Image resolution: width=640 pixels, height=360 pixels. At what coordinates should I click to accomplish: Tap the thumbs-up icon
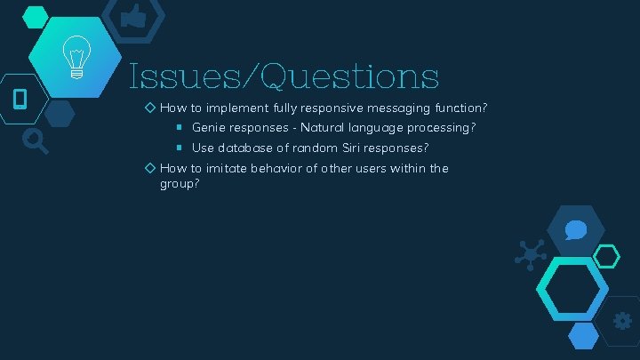pyautogui.click(x=132, y=15)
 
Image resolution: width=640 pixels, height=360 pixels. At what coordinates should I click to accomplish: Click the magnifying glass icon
pyautogui.click(x=36, y=140)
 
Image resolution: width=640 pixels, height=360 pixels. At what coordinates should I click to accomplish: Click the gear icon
pyautogui.click(x=622, y=321)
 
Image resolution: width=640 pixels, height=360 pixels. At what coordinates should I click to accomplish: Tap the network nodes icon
pyautogui.click(x=531, y=255)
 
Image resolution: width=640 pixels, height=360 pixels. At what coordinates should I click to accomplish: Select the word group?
pyautogui.click(x=179, y=184)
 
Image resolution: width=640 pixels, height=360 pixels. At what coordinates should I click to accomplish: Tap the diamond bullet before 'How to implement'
pyautogui.click(x=150, y=108)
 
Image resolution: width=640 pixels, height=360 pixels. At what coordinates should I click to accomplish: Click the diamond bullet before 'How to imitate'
pyautogui.click(x=150, y=168)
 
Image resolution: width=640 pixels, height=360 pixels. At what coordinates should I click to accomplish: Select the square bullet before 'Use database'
pyautogui.click(x=179, y=148)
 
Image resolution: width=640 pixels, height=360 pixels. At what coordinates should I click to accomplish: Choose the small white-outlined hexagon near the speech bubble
pyautogui.click(x=606, y=257)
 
